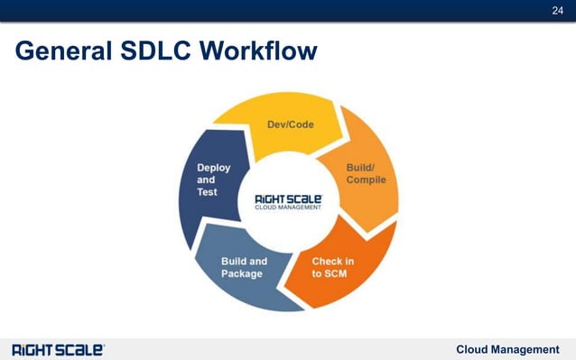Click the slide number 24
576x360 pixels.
[558, 10]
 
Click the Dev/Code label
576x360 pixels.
[290, 125]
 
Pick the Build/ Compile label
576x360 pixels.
[366, 173]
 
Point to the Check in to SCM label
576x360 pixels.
[333, 267]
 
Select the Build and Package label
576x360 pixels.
[244, 267]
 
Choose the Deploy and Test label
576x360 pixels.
[214, 180]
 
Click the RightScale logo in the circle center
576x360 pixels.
[289, 201]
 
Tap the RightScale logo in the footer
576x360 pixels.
[58, 349]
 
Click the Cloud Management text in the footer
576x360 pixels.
[507, 349]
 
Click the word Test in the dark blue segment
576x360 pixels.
[208, 192]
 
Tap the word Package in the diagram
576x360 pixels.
[242, 273]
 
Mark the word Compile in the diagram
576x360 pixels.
[366, 180]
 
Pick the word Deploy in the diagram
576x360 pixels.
[214, 167]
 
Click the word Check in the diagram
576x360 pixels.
[327, 261]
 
